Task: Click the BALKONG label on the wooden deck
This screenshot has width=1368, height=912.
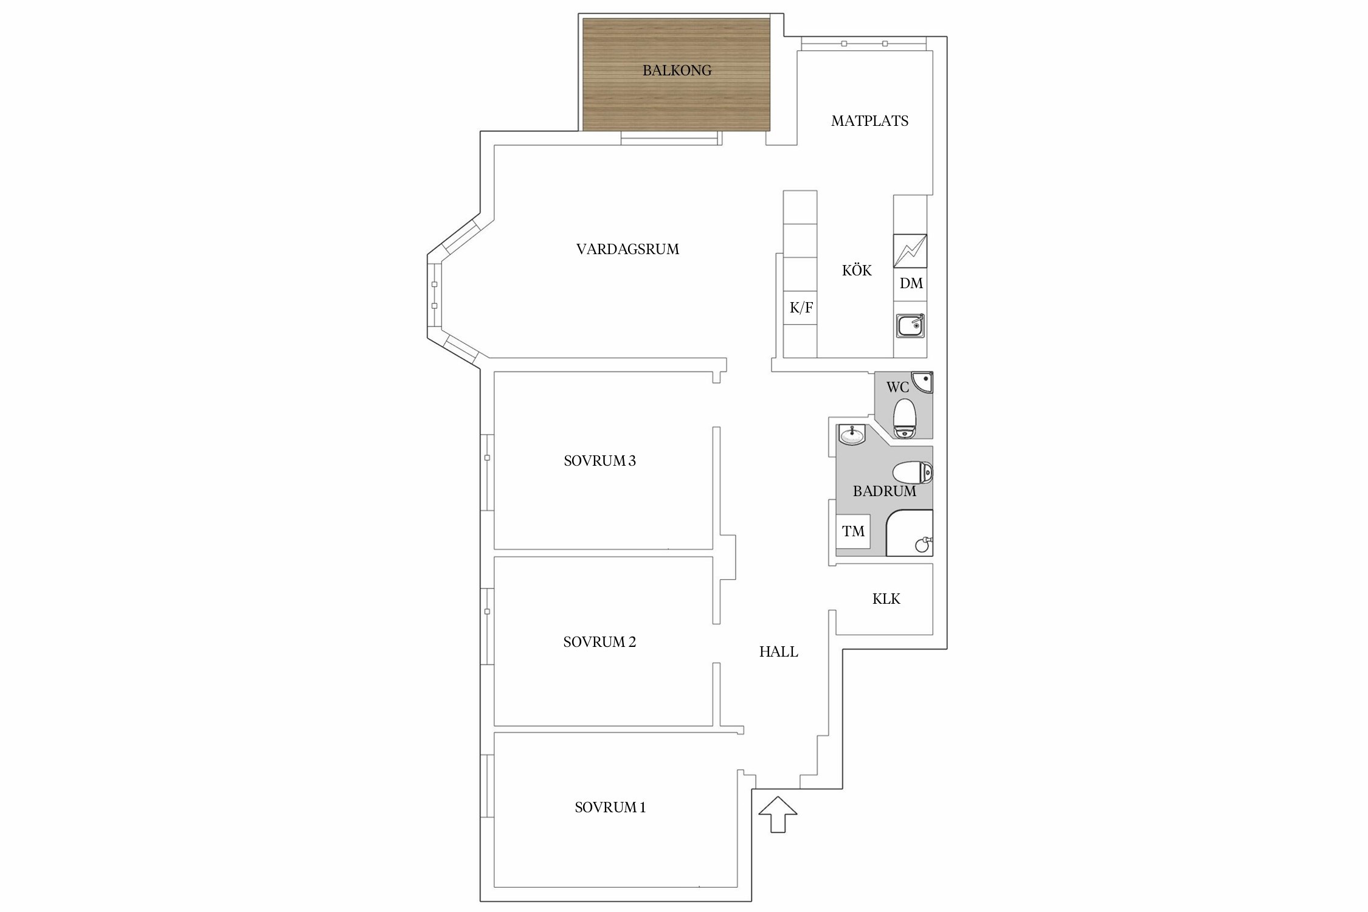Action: tap(677, 71)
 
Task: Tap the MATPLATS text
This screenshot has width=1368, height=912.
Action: tap(869, 121)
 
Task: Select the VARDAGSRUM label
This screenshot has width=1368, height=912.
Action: tap(627, 249)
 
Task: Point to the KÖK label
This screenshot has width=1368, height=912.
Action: tap(857, 270)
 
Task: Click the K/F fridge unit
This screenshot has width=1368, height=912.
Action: tap(800, 308)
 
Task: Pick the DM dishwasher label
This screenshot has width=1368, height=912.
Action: tap(911, 283)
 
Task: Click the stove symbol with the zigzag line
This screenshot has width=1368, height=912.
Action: tap(910, 251)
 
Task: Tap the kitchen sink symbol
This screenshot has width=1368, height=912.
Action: tap(910, 326)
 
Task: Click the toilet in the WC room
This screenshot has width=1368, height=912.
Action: tap(905, 418)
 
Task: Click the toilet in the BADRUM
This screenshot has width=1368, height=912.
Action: tap(913, 472)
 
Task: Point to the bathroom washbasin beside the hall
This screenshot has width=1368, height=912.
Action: tap(851, 434)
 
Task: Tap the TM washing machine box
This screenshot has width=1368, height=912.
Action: tap(853, 531)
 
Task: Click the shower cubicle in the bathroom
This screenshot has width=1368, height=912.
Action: tap(910, 533)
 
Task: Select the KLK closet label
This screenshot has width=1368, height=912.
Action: tap(886, 599)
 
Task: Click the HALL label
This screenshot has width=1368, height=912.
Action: tap(778, 652)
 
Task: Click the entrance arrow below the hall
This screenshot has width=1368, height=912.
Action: tap(778, 814)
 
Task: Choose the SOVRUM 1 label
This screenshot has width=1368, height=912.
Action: tap(610, 807)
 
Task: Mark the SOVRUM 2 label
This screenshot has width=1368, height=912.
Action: tap(599, 642)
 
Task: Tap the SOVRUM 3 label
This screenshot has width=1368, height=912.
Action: tap(599, 461)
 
